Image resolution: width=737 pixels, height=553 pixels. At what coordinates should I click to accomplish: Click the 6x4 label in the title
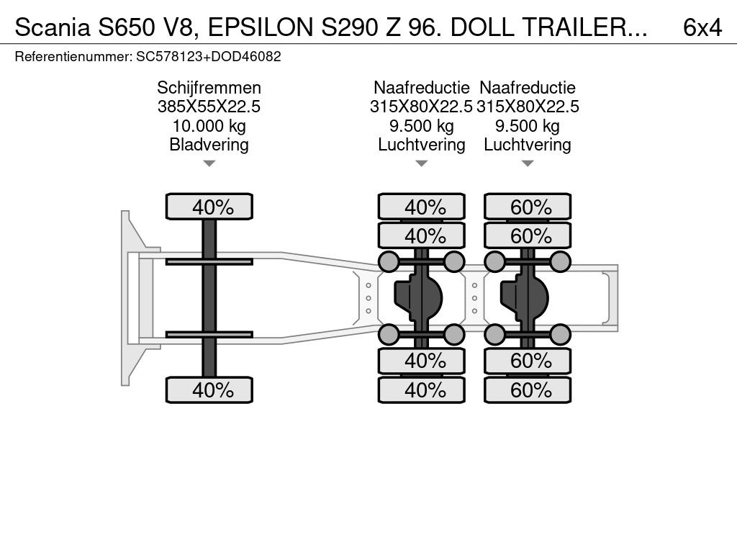click(702, 27)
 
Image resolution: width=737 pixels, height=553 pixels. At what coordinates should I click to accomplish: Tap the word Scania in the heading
click(53, 27)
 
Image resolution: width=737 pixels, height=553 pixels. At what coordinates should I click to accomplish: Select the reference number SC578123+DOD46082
click(209, 56)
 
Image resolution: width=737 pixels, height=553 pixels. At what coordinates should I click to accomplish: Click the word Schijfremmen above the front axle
click(209, 88)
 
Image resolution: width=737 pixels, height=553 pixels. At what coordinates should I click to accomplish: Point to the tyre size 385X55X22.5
click(209, 107)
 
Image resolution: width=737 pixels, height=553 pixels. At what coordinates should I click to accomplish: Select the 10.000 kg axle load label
click(209, 126)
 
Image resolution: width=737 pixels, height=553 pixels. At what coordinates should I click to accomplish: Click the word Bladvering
click(209, 144)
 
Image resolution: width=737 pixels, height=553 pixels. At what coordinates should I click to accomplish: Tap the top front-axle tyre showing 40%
click(209, 207)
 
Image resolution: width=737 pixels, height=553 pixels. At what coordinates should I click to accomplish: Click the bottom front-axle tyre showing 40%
click(209, 390)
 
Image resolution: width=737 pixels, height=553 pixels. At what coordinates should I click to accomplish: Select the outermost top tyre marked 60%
click(528, 207)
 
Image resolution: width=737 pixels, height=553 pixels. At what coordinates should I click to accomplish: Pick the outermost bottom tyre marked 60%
click(528, 390)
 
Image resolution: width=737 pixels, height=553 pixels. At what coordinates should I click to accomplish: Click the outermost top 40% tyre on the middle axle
click(422, 207)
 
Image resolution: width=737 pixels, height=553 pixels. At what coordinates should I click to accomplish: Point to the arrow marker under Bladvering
click(209, 163)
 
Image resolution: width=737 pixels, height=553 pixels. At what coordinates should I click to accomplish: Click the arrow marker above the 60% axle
click(528, 163)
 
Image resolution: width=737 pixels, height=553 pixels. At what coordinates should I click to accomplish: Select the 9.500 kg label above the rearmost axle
click(528, 126)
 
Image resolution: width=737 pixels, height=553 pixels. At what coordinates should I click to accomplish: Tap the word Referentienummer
click(73, 56)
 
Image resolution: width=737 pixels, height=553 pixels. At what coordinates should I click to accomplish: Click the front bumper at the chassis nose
click(126, 298)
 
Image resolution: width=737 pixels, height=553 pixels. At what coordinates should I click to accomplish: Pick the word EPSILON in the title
click(261, 27)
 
